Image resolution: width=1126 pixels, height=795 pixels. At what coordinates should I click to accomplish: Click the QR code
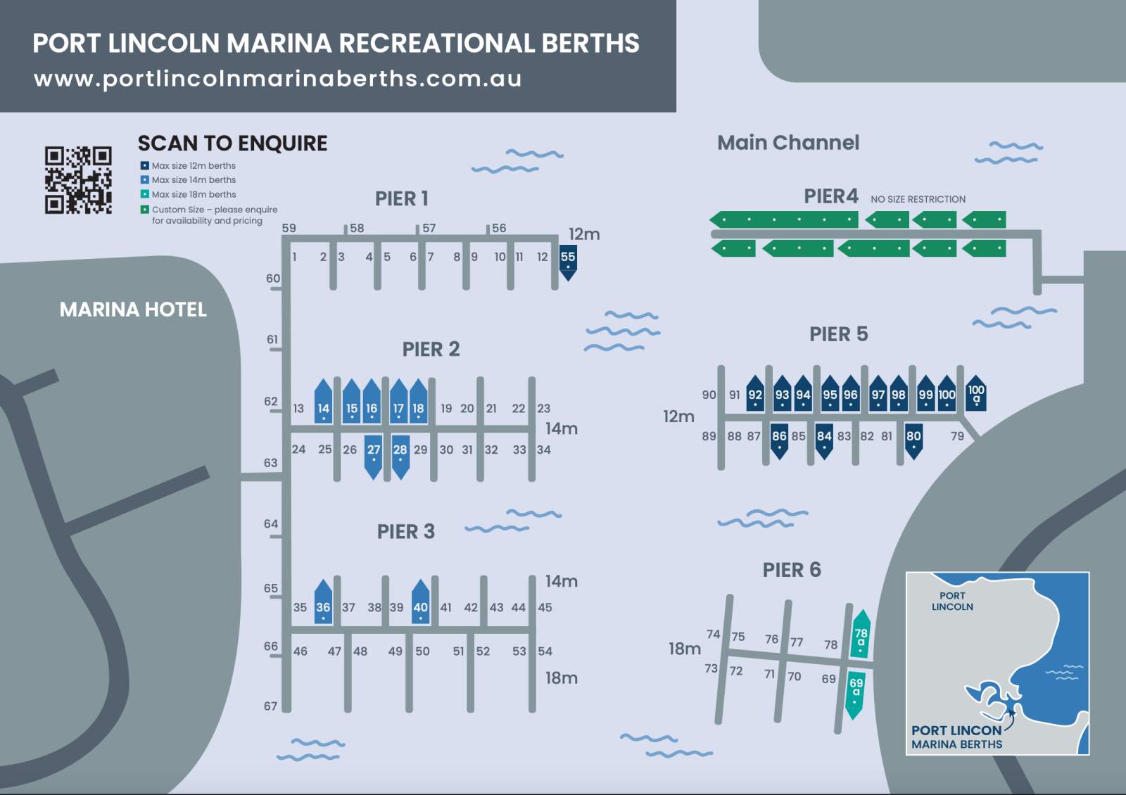pos(78,179)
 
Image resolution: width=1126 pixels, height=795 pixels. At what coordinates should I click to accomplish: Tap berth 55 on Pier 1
pos(568,260)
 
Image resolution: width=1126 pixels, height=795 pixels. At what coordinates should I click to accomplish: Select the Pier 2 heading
pos(431,349)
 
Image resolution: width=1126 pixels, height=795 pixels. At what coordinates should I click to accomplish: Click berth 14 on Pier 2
pos(323,404)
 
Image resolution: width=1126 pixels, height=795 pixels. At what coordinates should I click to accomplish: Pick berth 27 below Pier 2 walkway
pos(374,454)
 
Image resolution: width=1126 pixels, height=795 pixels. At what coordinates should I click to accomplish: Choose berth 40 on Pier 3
pos(420,604)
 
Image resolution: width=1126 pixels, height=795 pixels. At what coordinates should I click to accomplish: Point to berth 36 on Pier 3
pos(323,604)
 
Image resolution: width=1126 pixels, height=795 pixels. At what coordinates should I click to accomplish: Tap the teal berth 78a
pos(861,635)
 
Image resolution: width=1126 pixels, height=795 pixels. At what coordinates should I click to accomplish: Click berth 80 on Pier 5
pos(913,439)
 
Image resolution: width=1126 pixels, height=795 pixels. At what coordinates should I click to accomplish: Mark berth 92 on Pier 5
pos(755,397)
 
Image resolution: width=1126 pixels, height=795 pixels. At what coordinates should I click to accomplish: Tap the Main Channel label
pos(788,143)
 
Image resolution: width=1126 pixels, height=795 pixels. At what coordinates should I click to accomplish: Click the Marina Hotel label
pos(133,310)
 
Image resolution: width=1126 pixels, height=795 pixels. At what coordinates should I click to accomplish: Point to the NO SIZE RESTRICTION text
pos(918,200)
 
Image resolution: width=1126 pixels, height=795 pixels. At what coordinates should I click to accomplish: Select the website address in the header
pos(277,79)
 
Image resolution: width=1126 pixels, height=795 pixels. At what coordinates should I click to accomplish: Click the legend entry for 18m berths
pos(194,195)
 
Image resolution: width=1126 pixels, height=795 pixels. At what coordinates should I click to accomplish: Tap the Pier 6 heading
pos(792,570)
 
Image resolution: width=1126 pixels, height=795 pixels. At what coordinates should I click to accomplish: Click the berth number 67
pos(271,706)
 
